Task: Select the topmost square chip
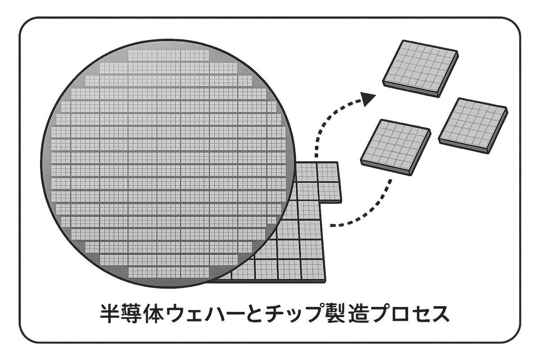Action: click(420, 68)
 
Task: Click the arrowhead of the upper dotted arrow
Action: click(369, 99)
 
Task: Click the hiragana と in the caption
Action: click(249, 313)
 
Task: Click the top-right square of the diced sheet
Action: click(327, 172)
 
